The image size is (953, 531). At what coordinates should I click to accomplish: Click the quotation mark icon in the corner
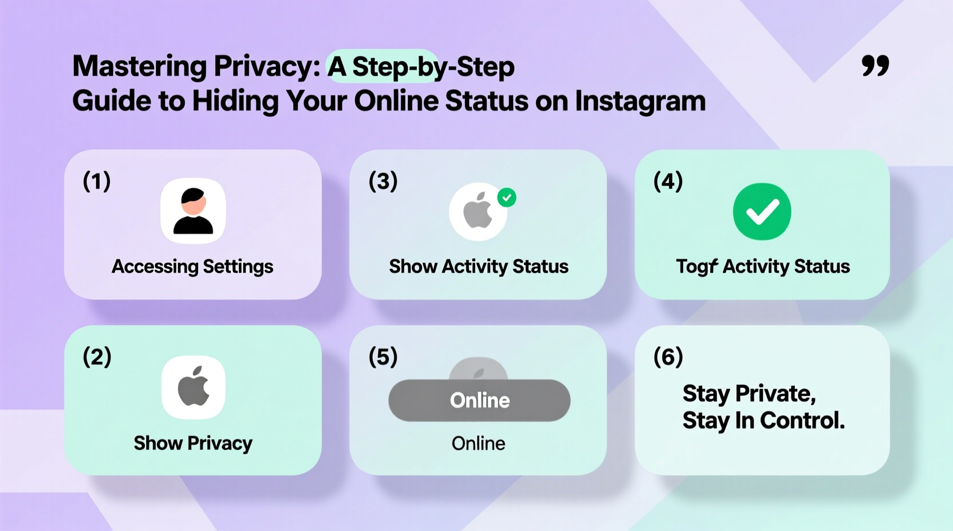click(x=875, y=66)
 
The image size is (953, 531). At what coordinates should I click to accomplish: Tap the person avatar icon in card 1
click(x=193, y=211)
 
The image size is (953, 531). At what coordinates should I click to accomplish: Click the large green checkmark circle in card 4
click(x=762, y=212)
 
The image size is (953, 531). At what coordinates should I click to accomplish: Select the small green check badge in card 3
click(x=506, y=197)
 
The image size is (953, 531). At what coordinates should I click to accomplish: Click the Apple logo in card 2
click(x=194, y=387)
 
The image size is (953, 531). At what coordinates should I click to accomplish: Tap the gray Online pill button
click(x=479, y=401)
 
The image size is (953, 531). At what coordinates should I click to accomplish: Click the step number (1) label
click(x=97, y=181)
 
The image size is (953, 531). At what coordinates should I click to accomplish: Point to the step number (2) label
click(x=97, y=357)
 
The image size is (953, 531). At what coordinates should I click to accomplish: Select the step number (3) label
click(x=383, y=181)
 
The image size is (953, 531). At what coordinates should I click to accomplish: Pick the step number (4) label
click(x=668, y=181)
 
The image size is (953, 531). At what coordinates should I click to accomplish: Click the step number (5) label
click(x=383, y=357)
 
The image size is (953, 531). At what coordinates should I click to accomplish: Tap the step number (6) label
click(x=668, y=357)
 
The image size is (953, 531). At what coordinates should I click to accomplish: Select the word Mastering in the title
click(x=139, y=66)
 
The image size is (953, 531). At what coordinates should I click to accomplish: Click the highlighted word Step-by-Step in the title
click(x=433, y=67)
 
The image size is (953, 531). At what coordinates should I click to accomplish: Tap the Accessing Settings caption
click(x=192, y=267)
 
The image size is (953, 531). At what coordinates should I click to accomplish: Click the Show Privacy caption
click(x=193, y=443)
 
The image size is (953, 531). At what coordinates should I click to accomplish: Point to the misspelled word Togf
click(x=696, y=267)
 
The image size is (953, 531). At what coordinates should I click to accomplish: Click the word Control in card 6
click(x=803, y=421)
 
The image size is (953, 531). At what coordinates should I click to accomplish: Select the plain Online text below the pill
click(x=478, y=443)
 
